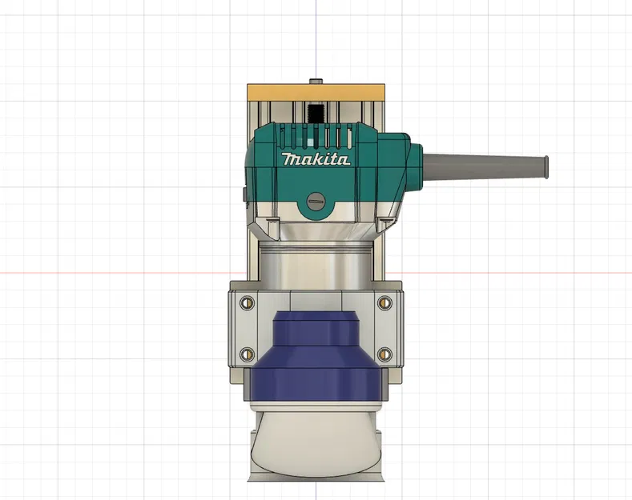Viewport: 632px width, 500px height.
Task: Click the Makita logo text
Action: point(316,159)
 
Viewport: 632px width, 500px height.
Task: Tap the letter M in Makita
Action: point(289,159)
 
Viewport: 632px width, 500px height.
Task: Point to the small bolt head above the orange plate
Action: point(316,81)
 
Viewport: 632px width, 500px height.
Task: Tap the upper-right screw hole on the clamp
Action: point(384,302)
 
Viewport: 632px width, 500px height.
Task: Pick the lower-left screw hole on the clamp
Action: point(247,353)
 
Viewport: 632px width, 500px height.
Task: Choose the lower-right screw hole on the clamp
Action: point(384,353)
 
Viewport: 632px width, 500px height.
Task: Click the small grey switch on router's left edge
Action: point(242,194)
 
